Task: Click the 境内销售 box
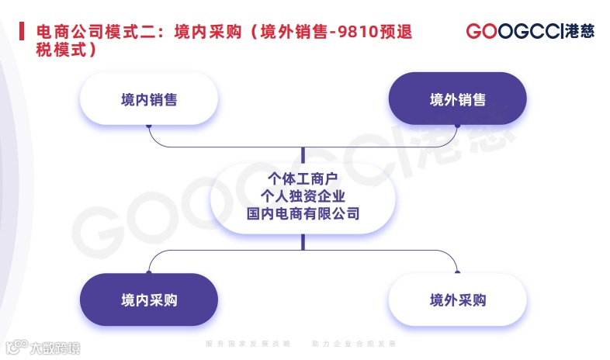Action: pos(149,99)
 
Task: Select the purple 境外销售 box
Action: pos(457,99)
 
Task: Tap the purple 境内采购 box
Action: pos(149,299)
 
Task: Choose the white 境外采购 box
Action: pos(457,299)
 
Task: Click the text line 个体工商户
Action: pos(303,177)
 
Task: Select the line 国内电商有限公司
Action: pos(303,212)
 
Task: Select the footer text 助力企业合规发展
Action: pos(354,342)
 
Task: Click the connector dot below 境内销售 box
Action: pos(149,124)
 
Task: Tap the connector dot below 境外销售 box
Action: pos(457,124)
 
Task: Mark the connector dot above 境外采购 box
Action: pos(457,272)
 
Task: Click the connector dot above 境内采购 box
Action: pos(149,272)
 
